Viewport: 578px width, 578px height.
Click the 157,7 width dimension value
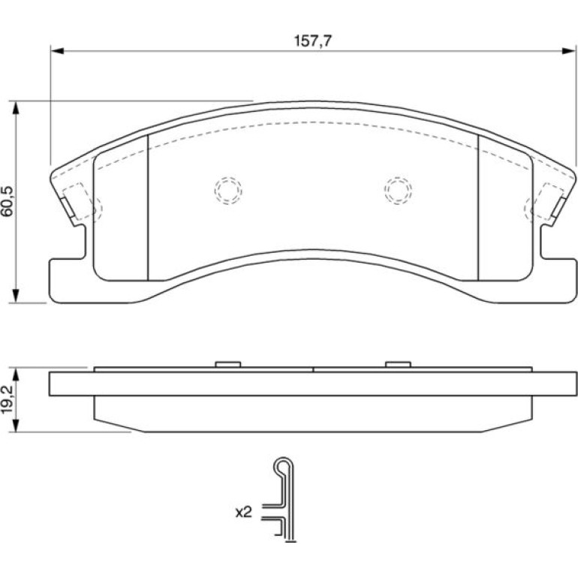(x=313, y=41)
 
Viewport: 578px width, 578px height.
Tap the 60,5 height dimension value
(x=8, y=201)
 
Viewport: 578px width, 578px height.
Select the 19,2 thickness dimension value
(x=8, y=399)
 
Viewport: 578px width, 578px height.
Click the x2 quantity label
(x=244, y=512)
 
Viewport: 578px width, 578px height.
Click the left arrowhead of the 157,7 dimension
(x=57, y=50)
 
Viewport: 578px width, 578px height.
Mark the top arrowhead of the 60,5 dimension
(x=16, y=107)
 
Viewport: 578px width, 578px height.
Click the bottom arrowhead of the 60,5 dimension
(x=16, y=296)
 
